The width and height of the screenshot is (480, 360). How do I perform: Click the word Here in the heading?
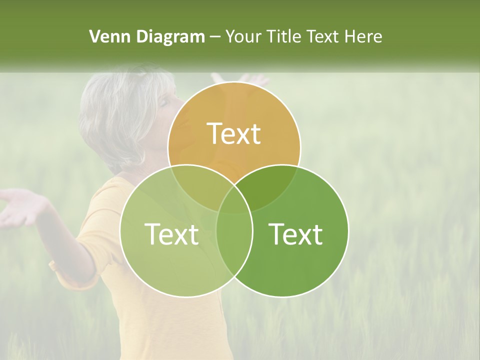(363, 36)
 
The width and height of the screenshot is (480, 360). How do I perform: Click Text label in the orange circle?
(234, 133)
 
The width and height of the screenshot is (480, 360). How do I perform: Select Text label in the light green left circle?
(171, 233)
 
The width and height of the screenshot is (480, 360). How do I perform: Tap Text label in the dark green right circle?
(296, 233)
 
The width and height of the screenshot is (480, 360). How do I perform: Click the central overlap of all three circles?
(234, 200)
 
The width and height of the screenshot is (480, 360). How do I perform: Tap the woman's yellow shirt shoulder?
(107, 200)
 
